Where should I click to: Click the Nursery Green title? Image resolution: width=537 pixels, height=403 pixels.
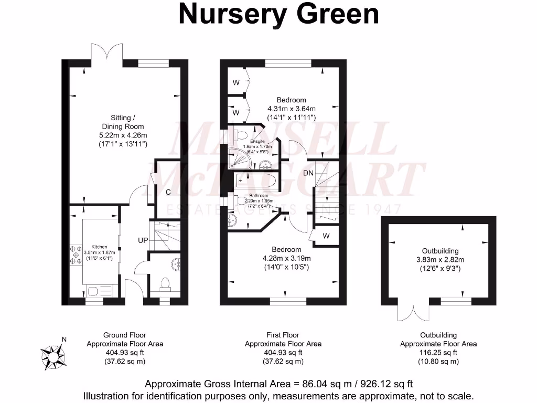(x=278, y=14)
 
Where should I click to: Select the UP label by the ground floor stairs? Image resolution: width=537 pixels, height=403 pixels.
(x=143, y=240)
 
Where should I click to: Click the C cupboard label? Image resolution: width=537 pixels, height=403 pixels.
(x=168, y=192)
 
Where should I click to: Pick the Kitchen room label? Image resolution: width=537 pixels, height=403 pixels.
(x=100, y=247)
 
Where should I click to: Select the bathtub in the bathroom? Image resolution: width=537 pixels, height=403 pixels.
(x=255, y=181)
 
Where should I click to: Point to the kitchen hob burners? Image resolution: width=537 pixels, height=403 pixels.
(x=72, y=255)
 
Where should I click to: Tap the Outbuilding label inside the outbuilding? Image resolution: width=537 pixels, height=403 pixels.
(x=440, y=251)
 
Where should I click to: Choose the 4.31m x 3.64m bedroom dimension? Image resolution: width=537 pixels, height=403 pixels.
(x=291, y=109)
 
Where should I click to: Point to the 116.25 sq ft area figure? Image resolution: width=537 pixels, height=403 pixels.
(x=438, y=353)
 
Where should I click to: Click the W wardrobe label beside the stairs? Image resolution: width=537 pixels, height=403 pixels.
(x=326, y=236)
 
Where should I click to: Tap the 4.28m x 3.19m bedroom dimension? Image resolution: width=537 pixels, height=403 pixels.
(x=287, y=258)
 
